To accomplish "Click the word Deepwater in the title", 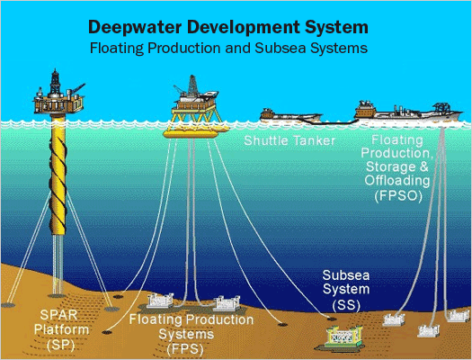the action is [x=135, y=28].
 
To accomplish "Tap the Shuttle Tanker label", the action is [x=289, y=140].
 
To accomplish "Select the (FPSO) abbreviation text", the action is [x=398, y=196].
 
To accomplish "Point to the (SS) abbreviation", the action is [x=346, y=304].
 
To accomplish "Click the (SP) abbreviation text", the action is [x=60, y=345].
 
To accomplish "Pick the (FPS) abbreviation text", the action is [x=185, y=349].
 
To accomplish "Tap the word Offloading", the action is [x=397, y=181].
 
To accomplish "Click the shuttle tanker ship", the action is [x=290, y=116].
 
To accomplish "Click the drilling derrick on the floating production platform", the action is [x=193, y=85].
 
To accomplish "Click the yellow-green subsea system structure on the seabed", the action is [x=343, y=337].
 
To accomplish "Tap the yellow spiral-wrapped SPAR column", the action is [x=58, y=175].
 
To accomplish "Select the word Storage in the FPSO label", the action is [x=391, y=166].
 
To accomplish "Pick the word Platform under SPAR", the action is [x=61, y=329].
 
